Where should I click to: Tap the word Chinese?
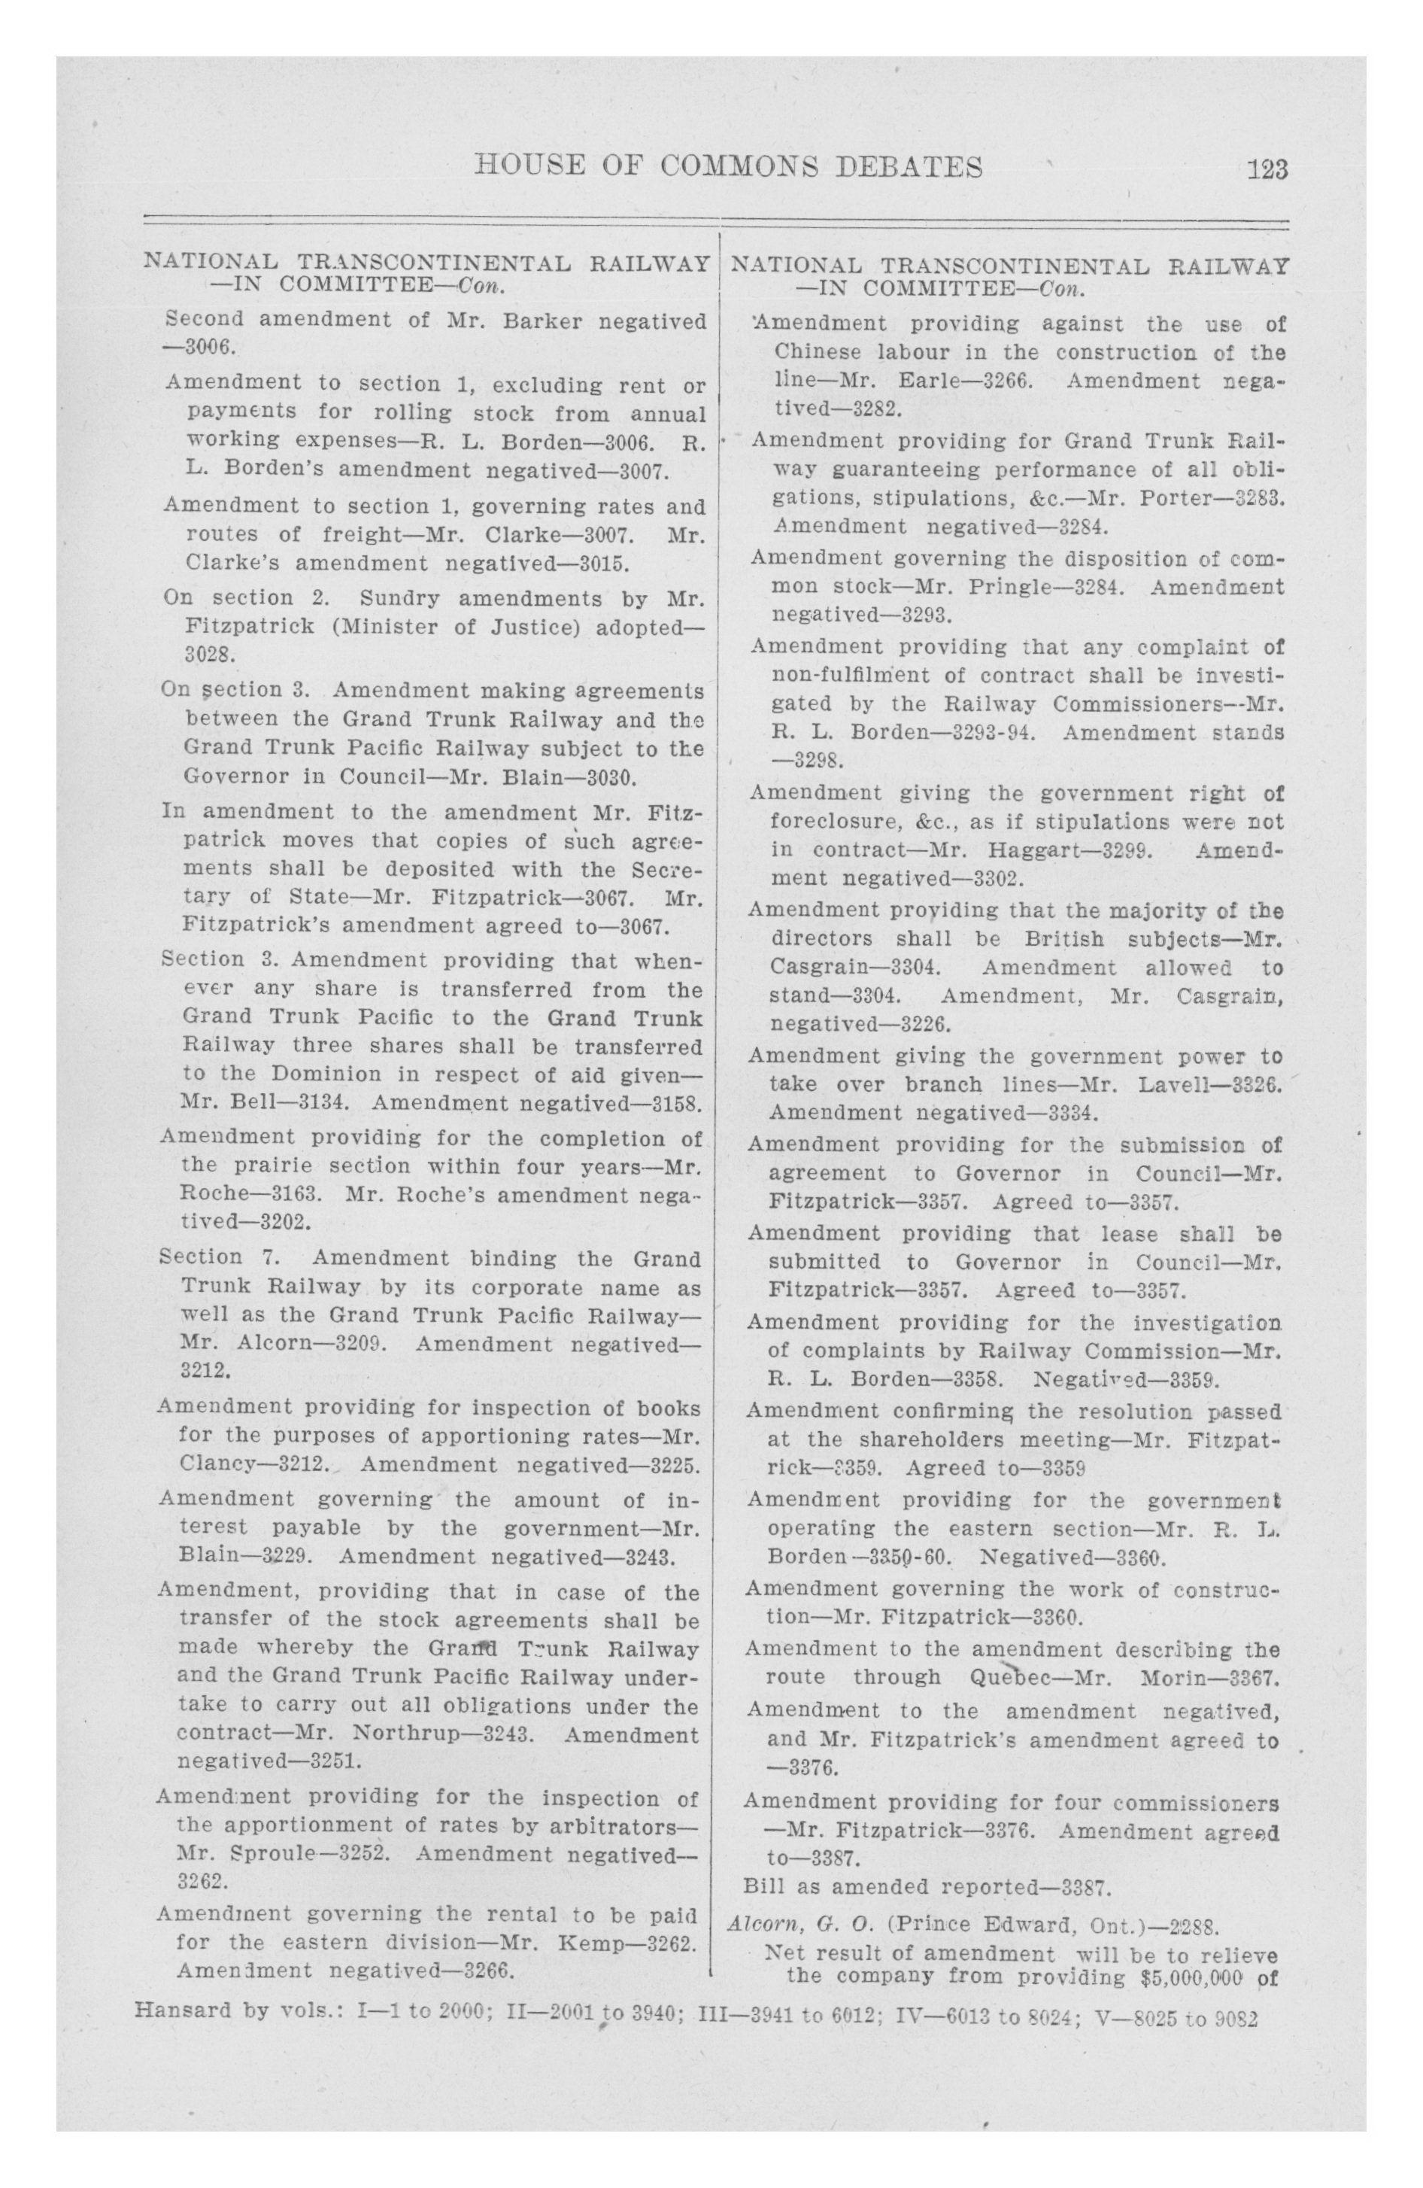(815, 352)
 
